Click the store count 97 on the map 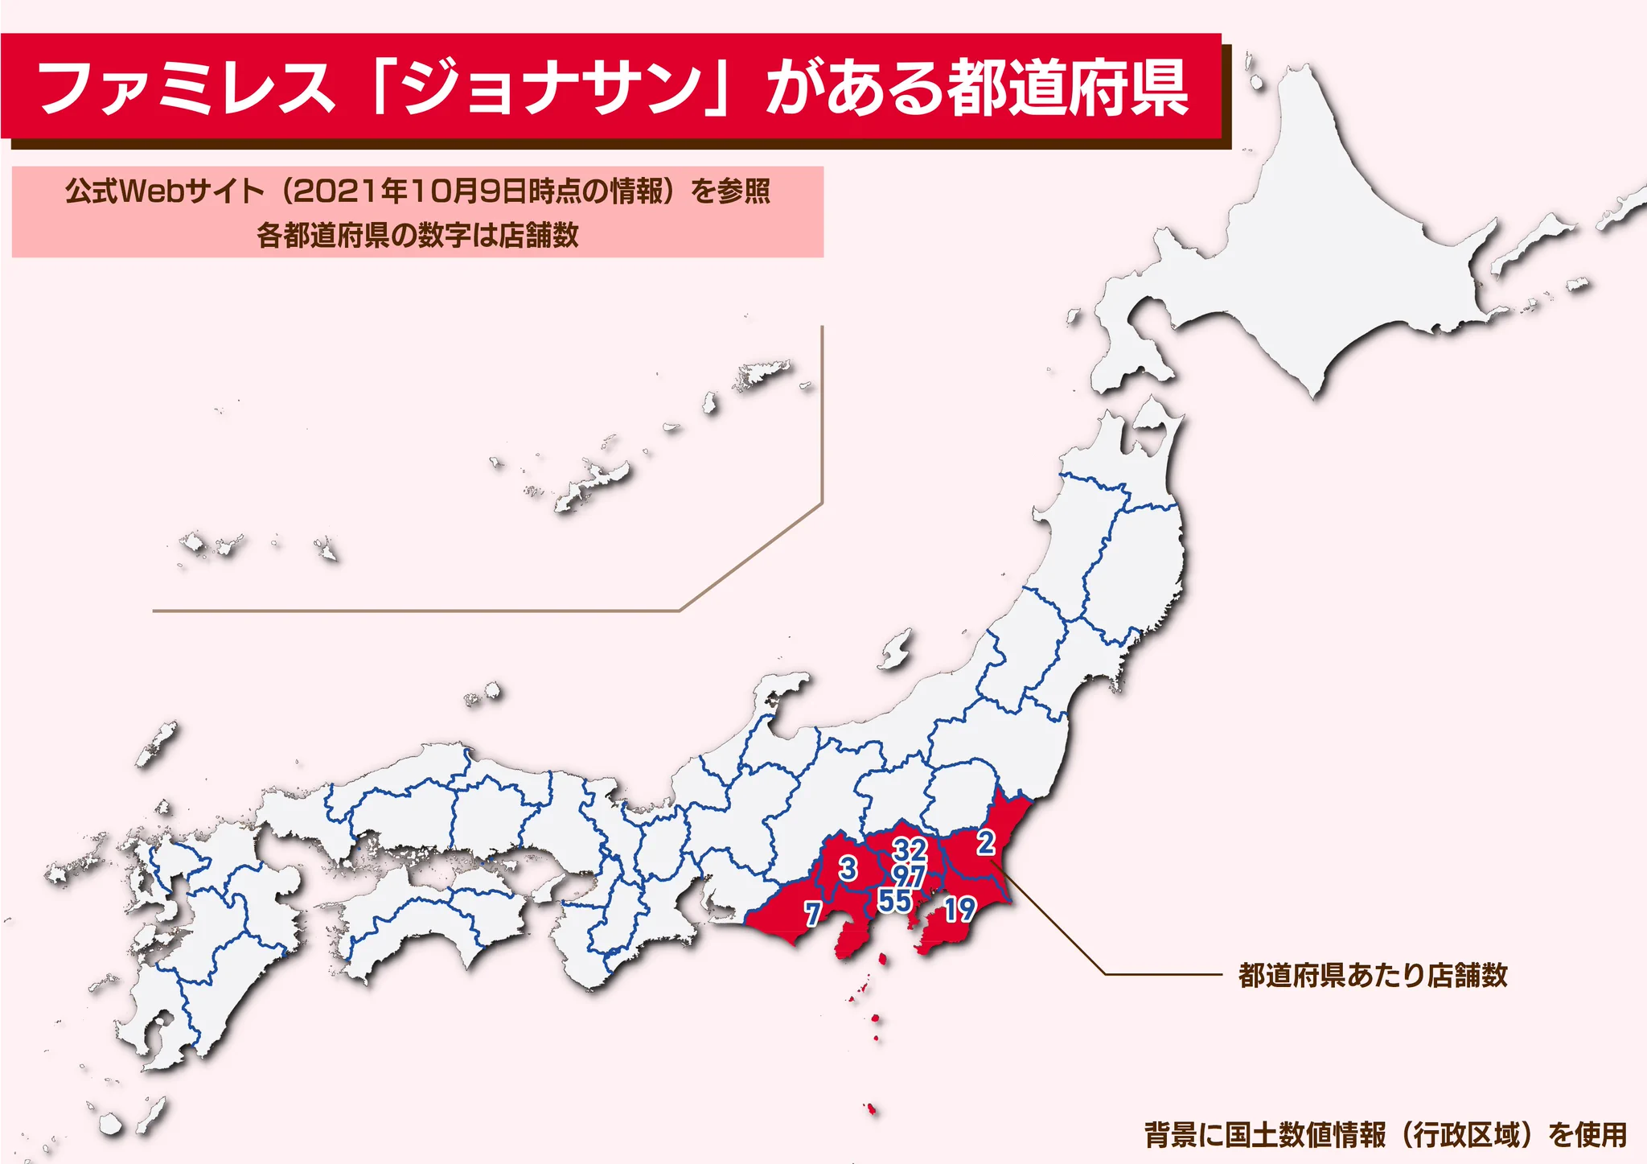[910, 875]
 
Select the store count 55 [894, 901]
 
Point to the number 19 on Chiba [960, 910]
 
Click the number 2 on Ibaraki [986, 842]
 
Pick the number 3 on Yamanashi [848, 869]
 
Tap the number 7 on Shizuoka [813, 914]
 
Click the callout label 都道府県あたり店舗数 [1373, 975]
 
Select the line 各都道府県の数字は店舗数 [417, 235]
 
